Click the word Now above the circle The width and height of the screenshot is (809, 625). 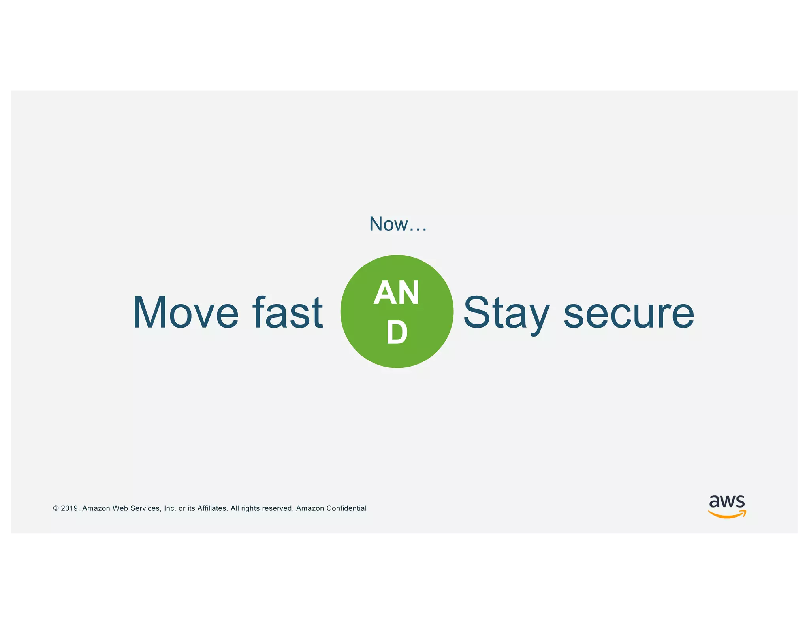(388, 224)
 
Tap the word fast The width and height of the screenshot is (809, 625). (288, 312)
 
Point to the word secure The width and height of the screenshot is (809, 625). (628, 313)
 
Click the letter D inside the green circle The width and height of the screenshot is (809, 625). (397, 333)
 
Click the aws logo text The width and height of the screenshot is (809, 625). (727, 501)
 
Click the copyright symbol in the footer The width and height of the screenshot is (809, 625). (56, 508)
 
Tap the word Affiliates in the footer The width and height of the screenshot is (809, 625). (213, 508)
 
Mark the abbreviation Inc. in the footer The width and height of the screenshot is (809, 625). (170, 508)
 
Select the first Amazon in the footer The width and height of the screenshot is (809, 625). (96, 508)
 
